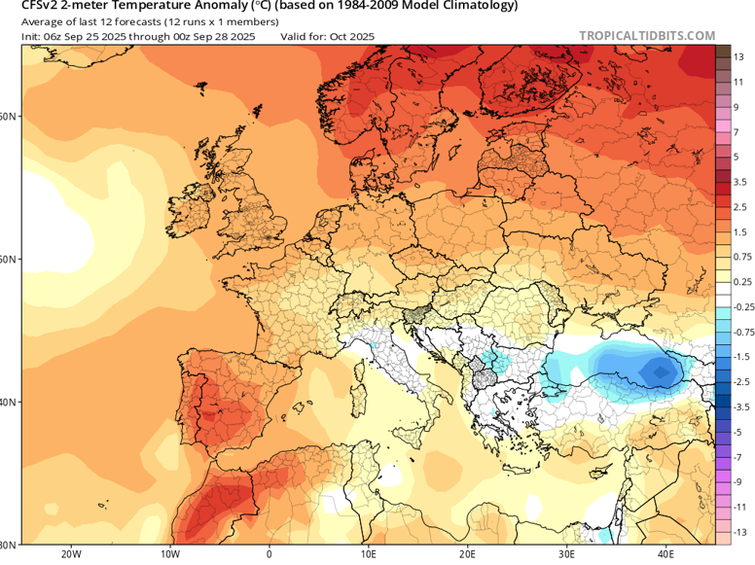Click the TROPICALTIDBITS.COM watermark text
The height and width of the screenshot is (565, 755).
(647, 35)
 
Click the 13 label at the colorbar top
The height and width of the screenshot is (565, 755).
(739, 57)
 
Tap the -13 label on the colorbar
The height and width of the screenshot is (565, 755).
(738, 532)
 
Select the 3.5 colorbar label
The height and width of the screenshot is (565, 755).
(739, 181)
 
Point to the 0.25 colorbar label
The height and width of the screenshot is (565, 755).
(742, 282)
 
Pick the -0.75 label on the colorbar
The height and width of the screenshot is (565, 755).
(743, 332)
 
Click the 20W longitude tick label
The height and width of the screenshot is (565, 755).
(70, 555)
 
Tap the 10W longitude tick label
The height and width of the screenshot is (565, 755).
(169, 555)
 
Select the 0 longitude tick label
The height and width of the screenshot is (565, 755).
(269, 555)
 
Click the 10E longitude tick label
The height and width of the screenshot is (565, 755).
(368, 555)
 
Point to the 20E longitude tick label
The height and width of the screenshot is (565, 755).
(467, 555)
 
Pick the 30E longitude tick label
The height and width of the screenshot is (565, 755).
(566, 555)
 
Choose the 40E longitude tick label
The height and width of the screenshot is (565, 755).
(665, 555)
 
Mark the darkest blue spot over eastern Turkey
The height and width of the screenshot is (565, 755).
(662, 371)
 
